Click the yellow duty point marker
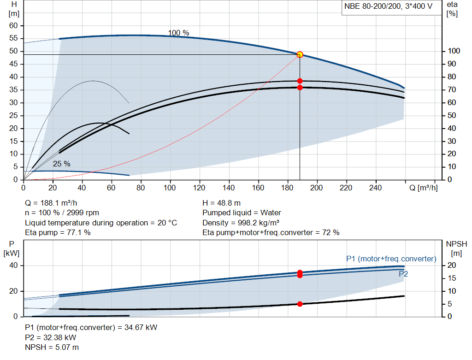point(300,54)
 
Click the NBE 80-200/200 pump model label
point(388,6)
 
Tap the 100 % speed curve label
point(178,33)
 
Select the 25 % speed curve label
point(61,164)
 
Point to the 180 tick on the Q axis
point(287,188)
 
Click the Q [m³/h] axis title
point(423,188)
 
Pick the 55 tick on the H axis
point(13,38)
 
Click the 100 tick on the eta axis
point(454,51)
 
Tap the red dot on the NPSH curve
point(300,304)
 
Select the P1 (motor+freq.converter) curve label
point(391,259)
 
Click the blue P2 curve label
point(403,274)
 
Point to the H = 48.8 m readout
point(222,203)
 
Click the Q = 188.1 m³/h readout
point(51,203)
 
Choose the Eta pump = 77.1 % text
point(58,233)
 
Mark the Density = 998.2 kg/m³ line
point(241,223)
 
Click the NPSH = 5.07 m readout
point(52,348)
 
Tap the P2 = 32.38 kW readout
point(51,338)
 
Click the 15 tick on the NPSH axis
point(452,278)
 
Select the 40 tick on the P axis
point(13,266)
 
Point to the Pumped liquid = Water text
point(242,213)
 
